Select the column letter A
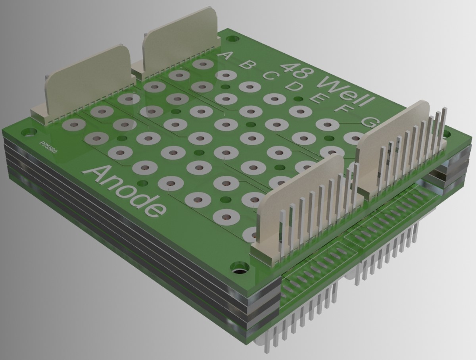point(226,56)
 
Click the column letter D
point(294,86)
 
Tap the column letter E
point(317,97)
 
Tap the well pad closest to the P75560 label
point(74,125)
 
